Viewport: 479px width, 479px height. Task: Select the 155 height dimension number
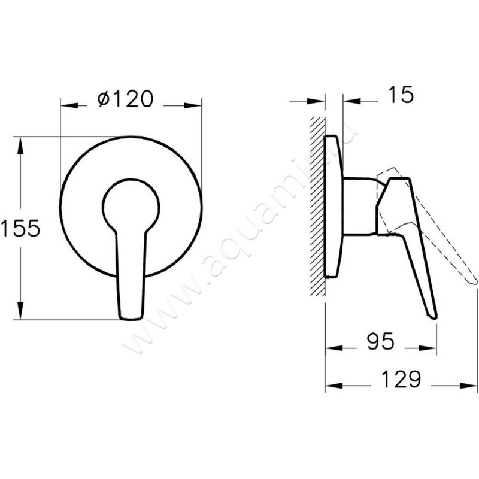point(20,228)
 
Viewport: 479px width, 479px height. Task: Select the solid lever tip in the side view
point(432,313)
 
